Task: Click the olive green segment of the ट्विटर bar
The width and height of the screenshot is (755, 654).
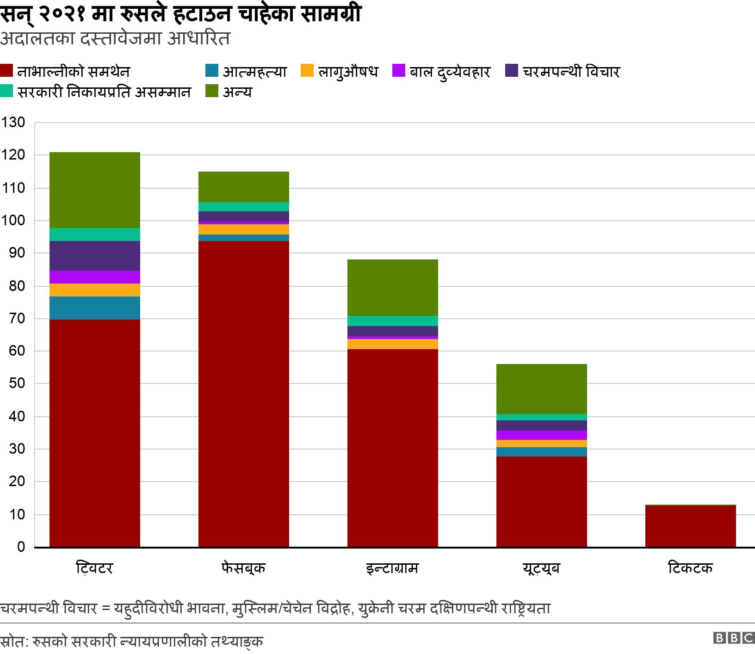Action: pos(94,190)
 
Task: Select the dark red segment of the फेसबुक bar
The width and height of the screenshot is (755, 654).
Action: pos(243,393)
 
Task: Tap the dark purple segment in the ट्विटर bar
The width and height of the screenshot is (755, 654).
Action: pos(94,255)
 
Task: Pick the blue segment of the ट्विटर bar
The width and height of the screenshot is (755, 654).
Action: pos(94,308)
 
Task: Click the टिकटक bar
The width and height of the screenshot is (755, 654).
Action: pos(690,526)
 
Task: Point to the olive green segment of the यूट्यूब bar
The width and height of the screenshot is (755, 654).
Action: pos(541,389)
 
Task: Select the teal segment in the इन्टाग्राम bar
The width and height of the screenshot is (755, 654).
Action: pos(392,321)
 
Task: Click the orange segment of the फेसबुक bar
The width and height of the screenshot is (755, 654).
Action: pos(243,229)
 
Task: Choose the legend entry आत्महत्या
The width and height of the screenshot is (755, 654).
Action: pos(246,72)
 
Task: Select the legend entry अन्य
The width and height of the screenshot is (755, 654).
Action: pos(229,92)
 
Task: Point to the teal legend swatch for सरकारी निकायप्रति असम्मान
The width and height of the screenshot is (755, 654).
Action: pos(7,92)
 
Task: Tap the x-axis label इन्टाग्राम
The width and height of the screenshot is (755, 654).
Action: pos(392,568)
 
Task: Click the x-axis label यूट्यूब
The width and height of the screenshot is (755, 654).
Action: pos(541,568)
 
